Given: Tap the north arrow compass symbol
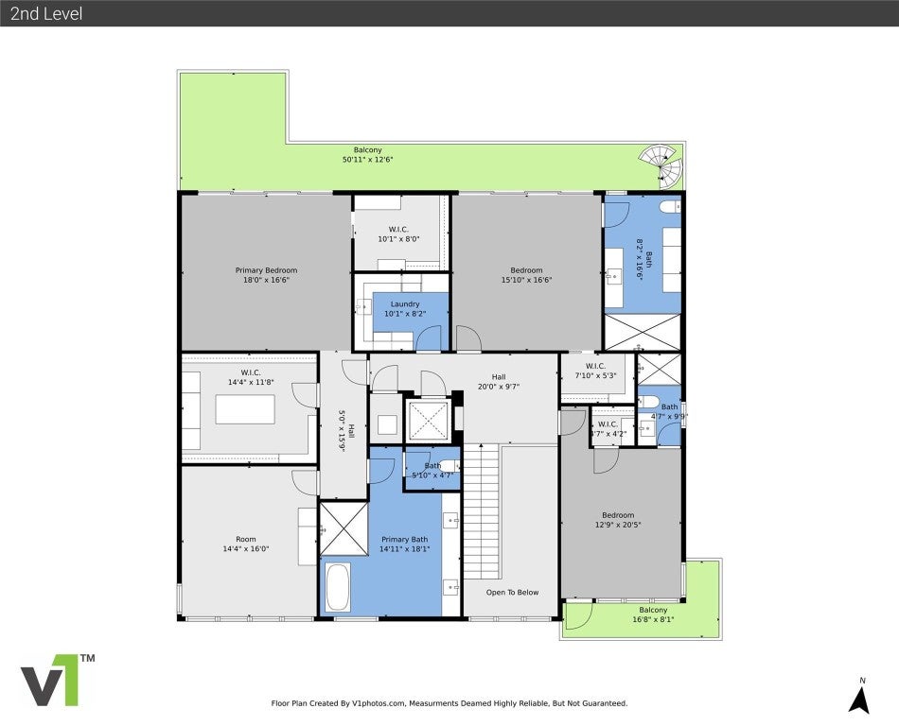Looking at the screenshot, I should point(859,697).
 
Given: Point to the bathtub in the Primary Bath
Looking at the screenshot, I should point(338,587).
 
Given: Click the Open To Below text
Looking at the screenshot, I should point(512,593).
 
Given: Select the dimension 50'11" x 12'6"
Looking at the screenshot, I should point(368,160).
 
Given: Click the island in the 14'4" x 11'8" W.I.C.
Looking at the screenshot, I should point(245,409).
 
